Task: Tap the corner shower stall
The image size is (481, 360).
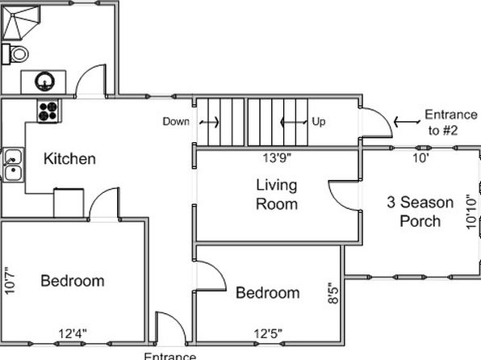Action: pyautogui.click(x=20, y=23)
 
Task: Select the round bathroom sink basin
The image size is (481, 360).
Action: pyautogui.click(x=44, y=82)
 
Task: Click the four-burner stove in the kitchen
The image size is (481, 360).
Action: pyautogui.click(x=48, y=111)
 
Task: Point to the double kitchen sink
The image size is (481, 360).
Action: pyautogui.click(x=13, y=165)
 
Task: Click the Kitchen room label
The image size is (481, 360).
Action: pyautogui.click(x=69, y=159)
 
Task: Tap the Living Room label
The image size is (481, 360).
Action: pyautogui.click(x=277, y=195)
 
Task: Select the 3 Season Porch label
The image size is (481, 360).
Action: pyautogui.click(x=420, y=211)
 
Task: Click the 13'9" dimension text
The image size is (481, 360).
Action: pyautogui.click(x=277, y=158)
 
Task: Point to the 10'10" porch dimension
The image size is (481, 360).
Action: pyautogui.click(x=472, y=211)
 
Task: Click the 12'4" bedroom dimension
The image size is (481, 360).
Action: pyautogui.click(x=73, y=333)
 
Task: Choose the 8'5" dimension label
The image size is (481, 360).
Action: pyautogui.click(x=333, y=293)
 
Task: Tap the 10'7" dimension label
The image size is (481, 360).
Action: pyautogui.click(x=10, y=281)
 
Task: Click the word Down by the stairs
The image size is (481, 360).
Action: pyautogui.click(x=176, y=122)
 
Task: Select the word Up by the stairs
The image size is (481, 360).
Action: pyautogui.click(x=319, y=122)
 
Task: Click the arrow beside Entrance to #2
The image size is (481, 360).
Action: pyautogui.click(x=407, y=122)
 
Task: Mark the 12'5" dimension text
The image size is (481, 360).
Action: pyautogui.click(x=268, y=333)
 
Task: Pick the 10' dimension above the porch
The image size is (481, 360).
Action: pyautogui.click(x=420, y=158)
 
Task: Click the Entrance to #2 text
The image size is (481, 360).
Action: pyautogui.click(x=450, y=123)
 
